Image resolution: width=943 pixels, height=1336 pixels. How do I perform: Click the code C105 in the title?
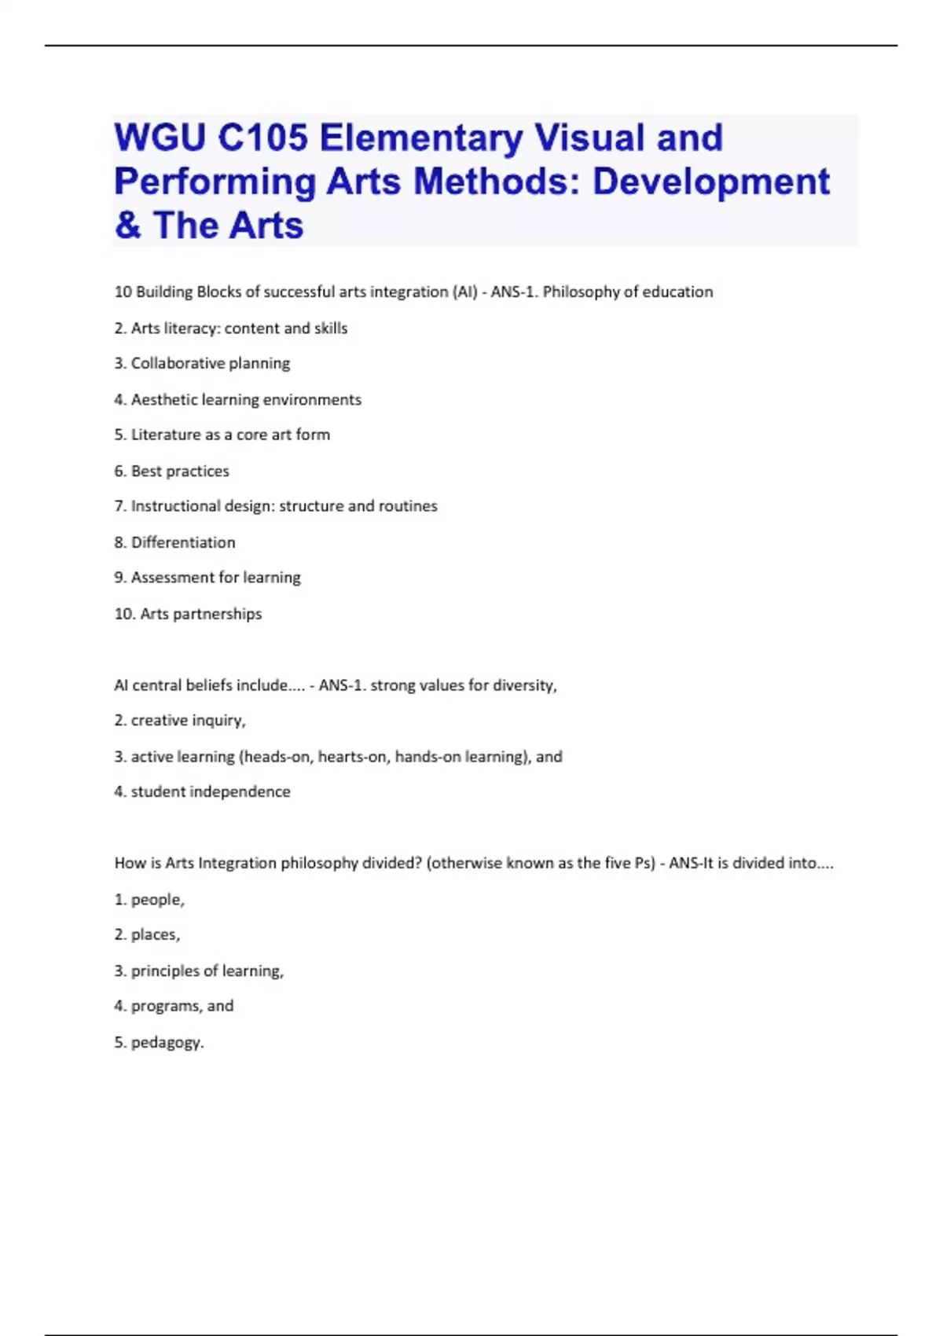pyautogui.click(x=262, y=138)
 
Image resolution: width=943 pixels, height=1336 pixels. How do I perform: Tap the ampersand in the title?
pyautogui.click(x=127, y=226)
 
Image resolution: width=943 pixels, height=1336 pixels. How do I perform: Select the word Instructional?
pyautogui.click(x=175, y=506)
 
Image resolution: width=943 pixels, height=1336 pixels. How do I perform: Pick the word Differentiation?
pyautogui.click(x=183, y=542)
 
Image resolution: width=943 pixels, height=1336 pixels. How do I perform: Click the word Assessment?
pyautogui.click(x=172, y=578)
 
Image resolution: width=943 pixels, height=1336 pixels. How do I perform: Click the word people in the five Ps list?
pyautogui.click(x=156, y=900)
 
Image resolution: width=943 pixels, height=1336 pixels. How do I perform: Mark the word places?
pyautogui.click(x=155, y=934)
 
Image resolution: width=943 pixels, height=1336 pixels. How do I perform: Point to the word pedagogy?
pyautogui.click(x=167, y=1043)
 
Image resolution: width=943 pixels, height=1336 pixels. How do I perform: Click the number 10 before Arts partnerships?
pyautogui.click(x=123, y=614)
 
